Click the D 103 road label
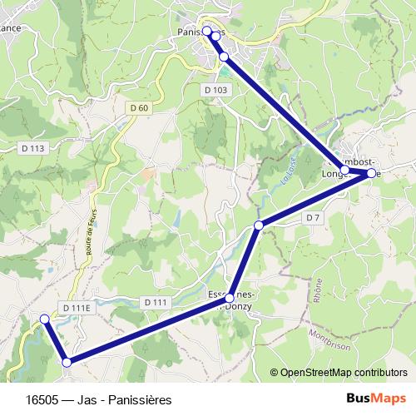[x=215, y=89]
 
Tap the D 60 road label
[x=139, y=107]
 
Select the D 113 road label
[x=31, y=147]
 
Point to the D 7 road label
[x=312, y=217]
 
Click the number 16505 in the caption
[x=42, y=400]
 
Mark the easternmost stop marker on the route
[x=371, y=174]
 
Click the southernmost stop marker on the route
[x=67, y=361]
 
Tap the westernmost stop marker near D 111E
[x=45, y=319]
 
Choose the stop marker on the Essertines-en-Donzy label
[x=230, y=298]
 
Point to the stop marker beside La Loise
[x=259, y=225]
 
